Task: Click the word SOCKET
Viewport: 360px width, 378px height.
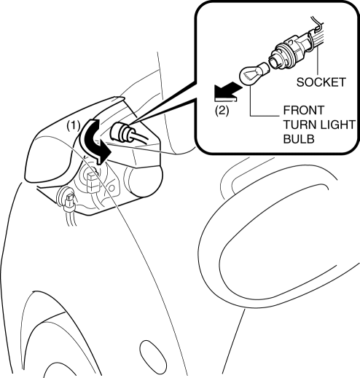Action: point(321,82)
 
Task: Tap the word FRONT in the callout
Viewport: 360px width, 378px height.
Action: point(304,110)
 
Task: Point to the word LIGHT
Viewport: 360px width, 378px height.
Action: point(337,125)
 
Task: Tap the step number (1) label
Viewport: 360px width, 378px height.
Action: point(74,126)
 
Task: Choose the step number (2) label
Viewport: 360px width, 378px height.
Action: point(222,111)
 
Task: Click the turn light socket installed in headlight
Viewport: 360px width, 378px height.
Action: point(122,133)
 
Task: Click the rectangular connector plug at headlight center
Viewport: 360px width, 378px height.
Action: point(93,181)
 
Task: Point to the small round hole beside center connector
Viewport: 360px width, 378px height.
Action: point(111,188)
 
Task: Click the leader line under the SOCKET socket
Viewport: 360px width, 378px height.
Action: point(317,61)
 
